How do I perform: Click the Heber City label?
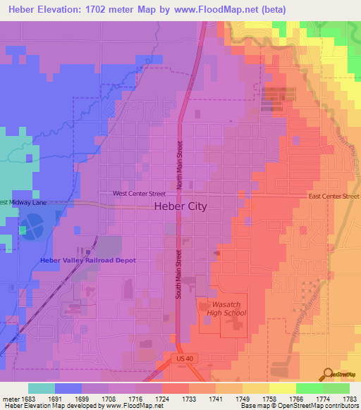click(x=180, y=207)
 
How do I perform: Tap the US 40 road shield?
click(x=181, y=359)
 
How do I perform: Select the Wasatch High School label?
click(x=226, y=308)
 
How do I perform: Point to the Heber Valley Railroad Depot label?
click(x=88, y=260)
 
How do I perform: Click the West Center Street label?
click(x=139, y=193)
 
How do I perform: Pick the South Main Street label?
click(x=179, y=273)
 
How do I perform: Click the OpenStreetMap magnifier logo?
click(x=329, y=373)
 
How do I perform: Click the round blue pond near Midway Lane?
click(x=31, y=227)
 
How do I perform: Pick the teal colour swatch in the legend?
click(x=42, y=388)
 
